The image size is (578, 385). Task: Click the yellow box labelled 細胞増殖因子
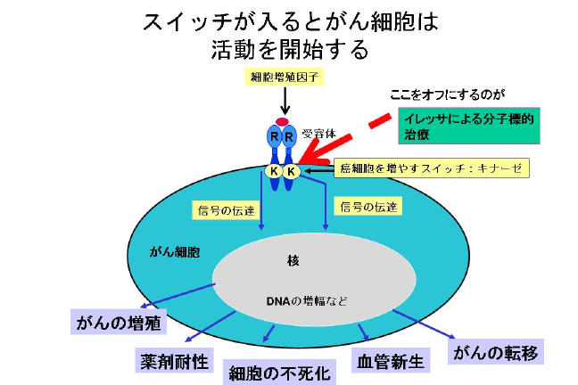tap(281, 78)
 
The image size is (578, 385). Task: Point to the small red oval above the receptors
tap(282, 120)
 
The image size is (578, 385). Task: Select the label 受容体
tap(318, 134)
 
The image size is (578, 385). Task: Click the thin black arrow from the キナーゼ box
tap(318, 168)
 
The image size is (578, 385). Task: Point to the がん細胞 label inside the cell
tap(174, 252)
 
